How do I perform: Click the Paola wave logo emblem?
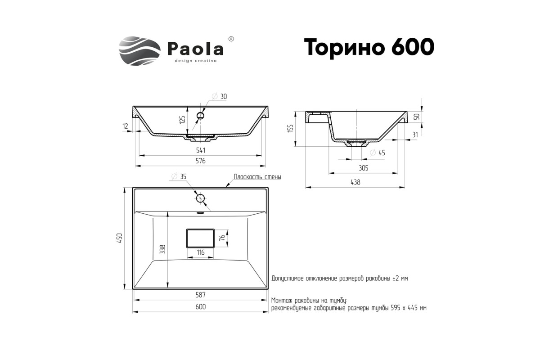click(139, 51)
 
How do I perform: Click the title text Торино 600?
click(369, 47)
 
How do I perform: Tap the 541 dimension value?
click(201, 150)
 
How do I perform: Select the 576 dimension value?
click(201, 161)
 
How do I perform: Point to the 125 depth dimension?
click(183, 120)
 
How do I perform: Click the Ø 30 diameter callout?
click(220, 96)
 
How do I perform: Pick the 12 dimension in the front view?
click(125, 126)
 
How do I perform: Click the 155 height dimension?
click(291, 128)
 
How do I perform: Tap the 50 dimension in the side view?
click(417, 117)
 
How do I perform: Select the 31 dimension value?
click(415, 135)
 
